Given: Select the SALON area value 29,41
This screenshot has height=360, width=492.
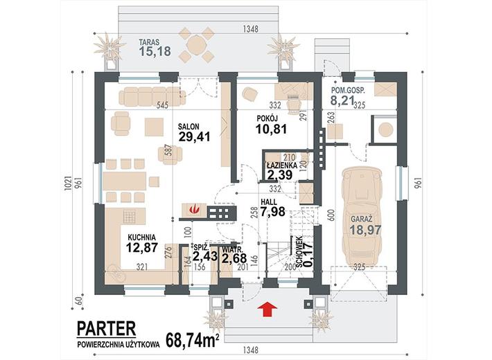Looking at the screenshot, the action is (194, 136).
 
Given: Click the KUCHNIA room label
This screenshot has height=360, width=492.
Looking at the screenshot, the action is (141, 237).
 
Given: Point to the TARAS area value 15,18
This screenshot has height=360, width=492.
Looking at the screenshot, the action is (155, 51).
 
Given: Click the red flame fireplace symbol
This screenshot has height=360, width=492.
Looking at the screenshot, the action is (195, 209).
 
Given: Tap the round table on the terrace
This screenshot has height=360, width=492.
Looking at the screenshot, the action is (196, 44).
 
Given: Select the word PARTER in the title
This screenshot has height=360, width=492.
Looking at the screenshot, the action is (107, 328).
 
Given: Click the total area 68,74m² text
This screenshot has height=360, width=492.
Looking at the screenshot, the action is (193, 340).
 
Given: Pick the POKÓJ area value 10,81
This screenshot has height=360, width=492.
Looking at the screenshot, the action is (271, 129).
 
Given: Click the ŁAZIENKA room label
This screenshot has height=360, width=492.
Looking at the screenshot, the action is (282, 165).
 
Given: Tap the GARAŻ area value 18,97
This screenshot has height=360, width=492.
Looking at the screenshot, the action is (366, 230).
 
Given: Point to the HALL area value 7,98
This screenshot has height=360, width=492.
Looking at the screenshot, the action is (272, 212).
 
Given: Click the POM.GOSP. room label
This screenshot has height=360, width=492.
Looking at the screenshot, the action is (349, 91).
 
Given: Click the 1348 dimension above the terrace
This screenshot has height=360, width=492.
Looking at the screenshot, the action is (251, 29).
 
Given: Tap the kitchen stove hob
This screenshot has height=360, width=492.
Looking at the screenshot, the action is (130, 216).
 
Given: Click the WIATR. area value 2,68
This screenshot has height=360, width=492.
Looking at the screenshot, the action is (234, 258).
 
